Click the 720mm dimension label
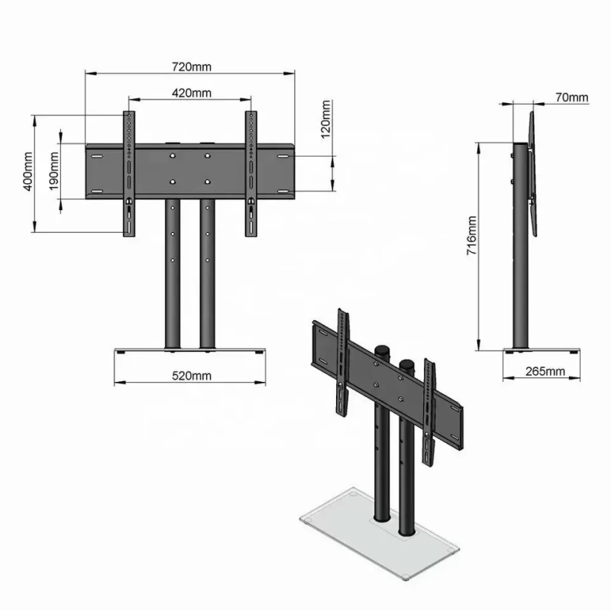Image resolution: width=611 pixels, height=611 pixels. click(190, 66)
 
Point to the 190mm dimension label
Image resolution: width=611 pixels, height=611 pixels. click(55, 173)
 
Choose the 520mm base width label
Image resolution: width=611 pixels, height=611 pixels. click(191, 375)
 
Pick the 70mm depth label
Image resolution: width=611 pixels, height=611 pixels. click(571, 97)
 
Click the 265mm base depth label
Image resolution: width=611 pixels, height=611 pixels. click(545, 372)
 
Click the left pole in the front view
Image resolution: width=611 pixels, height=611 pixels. click(173, 275)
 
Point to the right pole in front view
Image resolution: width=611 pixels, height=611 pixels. click(206, 275)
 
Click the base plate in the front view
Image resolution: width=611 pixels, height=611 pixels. click(191, 351)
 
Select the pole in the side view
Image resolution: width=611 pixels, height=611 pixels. click(519, 252)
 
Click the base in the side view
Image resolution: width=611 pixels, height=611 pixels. click(542, 352)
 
